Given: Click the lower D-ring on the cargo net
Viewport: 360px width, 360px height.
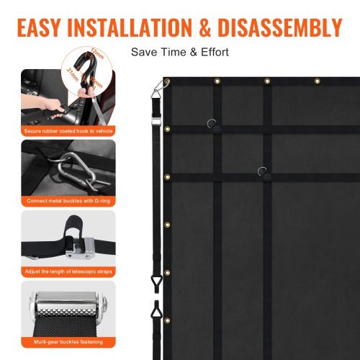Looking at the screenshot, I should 264,172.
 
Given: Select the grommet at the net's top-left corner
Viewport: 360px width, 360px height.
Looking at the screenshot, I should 168,82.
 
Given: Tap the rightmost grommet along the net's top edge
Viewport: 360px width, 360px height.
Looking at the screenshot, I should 317,81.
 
